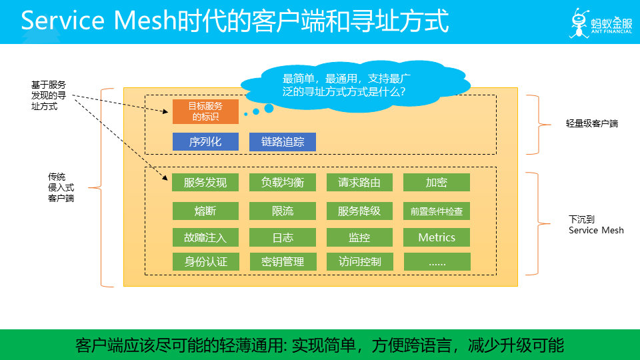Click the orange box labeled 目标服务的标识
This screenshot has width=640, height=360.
(205, 111)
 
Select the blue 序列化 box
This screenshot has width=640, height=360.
(205, 142)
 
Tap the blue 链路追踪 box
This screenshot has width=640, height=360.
(283, 142)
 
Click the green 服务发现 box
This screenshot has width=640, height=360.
(205, 183)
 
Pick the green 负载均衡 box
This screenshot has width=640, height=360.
(283, 183)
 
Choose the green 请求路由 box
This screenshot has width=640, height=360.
(359, 183)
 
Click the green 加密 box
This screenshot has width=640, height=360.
(437, 183)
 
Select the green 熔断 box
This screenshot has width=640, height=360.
(205, 211)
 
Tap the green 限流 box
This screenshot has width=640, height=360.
(283, 211)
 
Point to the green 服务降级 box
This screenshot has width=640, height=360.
(359, 211)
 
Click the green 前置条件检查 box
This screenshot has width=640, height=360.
(437, 211)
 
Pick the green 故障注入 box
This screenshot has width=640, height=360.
(205, 237)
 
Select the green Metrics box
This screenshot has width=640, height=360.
(437, 237)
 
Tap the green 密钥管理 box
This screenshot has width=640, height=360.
(283, 262)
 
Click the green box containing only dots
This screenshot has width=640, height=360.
(437, 262)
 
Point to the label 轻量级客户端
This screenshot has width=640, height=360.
(592, 123)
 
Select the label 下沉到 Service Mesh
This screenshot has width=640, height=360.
(596, 224)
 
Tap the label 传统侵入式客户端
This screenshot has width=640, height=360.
(61, 187)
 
